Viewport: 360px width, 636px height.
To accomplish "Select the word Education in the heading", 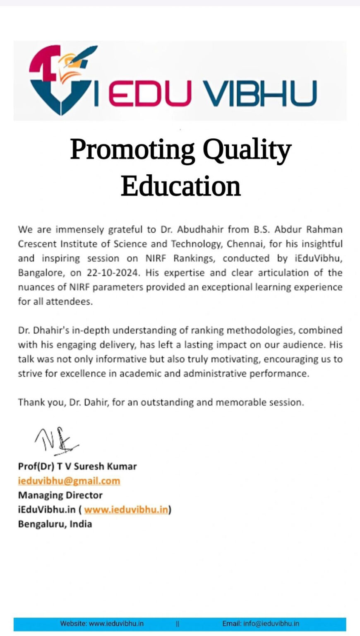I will (180, 186).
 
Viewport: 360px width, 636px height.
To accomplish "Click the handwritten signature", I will (56, 439).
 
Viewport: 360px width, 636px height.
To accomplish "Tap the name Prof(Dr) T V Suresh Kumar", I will (77, 466).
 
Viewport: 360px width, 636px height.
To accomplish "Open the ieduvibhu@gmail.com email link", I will (69, 481).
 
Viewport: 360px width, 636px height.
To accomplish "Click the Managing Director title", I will (60, 495).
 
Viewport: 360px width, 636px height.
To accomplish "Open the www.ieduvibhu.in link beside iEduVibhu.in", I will (126, 509).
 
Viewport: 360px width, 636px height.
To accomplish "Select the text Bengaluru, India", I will (55, 524).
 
